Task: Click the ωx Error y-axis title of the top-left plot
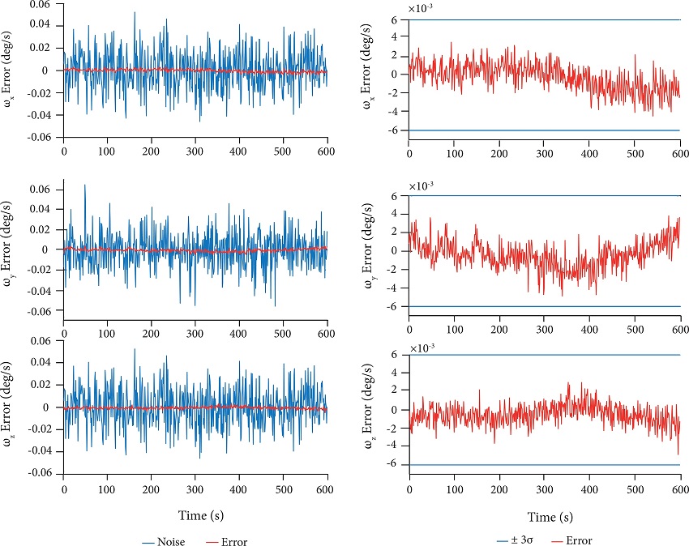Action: tap(10, 71)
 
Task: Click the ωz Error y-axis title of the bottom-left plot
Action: tap(10, 407)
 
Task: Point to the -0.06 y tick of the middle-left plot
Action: tap(37, 311)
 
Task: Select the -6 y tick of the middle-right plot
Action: tap(393, 307)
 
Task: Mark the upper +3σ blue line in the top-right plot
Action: tap(543, 19)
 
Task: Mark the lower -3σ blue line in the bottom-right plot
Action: tap(543, 465)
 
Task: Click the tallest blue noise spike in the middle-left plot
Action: tap(85, 186)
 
